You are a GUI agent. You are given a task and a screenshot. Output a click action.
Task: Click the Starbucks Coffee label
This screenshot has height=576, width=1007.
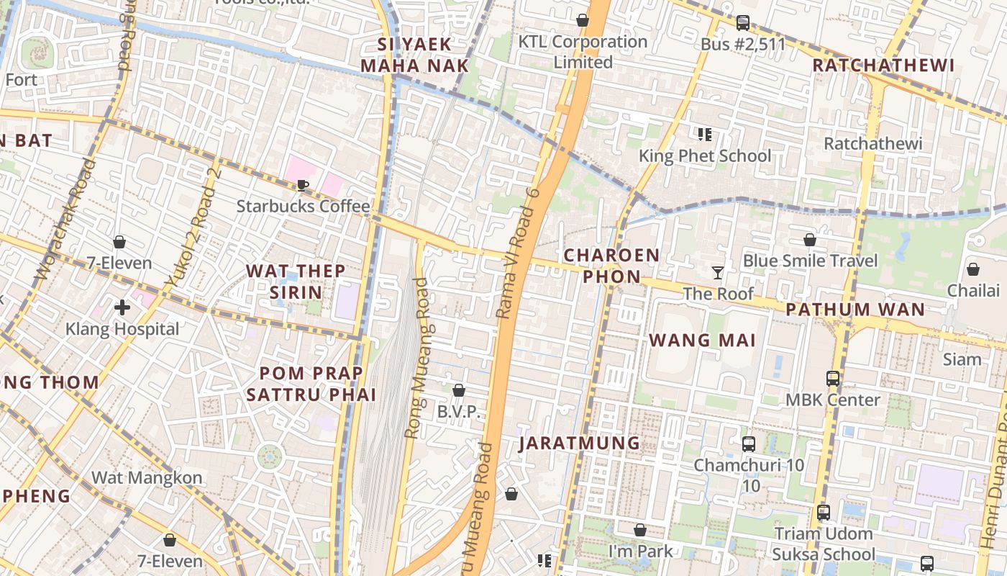[303, 207]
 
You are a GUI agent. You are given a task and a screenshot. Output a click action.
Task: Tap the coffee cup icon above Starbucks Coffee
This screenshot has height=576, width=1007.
[303, 186]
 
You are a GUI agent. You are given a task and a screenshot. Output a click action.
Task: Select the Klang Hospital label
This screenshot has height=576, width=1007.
[122, 329]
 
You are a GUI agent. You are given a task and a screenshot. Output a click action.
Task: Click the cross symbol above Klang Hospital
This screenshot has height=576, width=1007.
[122, 308]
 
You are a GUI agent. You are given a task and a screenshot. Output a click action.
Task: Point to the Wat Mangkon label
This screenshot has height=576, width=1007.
[147, 477]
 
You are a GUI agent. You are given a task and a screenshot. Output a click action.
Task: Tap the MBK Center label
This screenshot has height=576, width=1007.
[832, 400]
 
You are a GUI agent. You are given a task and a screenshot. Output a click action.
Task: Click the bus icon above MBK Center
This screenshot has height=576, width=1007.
[832, 378]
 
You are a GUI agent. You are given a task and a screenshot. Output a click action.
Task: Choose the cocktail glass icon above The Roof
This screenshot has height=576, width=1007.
[717, 272]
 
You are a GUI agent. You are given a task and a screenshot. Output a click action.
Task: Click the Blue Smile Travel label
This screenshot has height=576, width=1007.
[810, 261]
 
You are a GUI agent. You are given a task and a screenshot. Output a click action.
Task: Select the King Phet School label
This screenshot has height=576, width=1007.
[704, 156]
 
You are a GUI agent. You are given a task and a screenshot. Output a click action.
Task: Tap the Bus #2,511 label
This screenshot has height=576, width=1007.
[743, 45]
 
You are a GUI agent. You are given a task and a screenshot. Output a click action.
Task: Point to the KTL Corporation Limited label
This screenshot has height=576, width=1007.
[583, 52]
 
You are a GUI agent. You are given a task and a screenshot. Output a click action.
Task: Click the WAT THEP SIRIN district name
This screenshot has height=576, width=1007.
[296, 282]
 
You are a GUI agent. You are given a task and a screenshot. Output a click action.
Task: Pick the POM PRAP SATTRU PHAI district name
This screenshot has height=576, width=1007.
[311, 384]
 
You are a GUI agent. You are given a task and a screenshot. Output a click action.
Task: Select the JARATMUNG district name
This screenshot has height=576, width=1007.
[579, 443]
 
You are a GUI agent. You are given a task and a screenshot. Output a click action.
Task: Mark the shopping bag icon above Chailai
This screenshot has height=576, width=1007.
[972, 269]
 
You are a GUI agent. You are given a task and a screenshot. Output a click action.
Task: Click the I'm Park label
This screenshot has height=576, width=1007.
[640, 552]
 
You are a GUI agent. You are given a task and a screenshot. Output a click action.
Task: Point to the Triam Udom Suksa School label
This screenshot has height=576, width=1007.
[824, 544]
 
